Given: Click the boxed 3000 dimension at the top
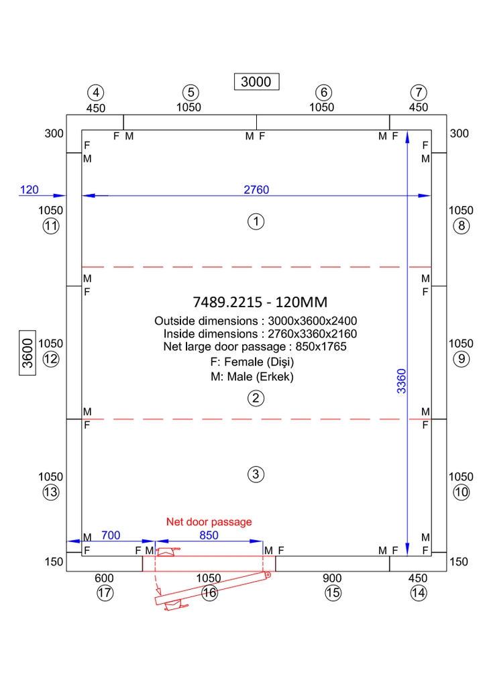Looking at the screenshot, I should (256, 81).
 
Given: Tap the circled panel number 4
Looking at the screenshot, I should (97, 93).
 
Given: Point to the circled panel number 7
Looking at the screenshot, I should (419, 93).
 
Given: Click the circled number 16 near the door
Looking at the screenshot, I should (209, 593).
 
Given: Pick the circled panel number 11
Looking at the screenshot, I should (51, 226).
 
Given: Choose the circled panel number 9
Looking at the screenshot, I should (461, 359).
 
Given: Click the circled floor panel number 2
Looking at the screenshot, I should (255, 399).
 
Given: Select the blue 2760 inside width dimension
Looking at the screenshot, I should (256, 190).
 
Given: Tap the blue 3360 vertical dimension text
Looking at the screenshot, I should (401, 380).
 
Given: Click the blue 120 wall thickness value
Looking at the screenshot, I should (29, 190).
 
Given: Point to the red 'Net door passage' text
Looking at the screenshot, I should (209, 521).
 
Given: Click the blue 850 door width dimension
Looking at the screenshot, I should (209, 535).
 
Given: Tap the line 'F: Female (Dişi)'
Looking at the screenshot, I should (252, 362).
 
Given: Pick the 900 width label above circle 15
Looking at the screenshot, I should (332, 578).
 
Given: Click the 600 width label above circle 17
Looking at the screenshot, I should (104, 578).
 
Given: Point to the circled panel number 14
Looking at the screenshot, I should (419, 593).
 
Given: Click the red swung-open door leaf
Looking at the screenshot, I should (211, 590).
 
